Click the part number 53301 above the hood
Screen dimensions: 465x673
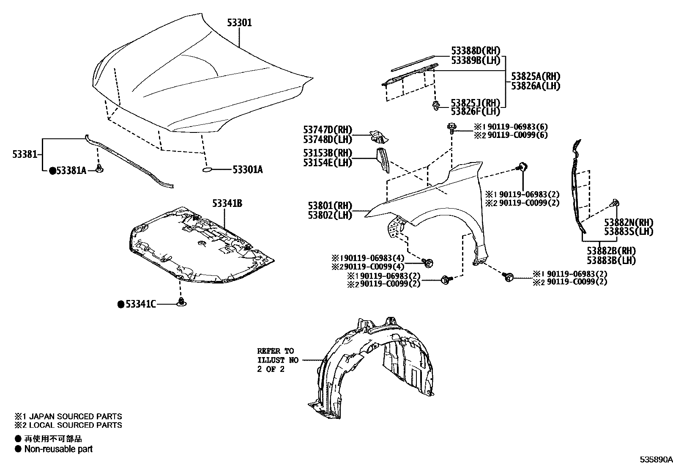(x=239, y=22)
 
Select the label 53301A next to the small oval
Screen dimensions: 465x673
(x=248, y=170)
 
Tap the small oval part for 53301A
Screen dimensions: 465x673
(x=207, y=170)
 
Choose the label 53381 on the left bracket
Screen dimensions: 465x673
(x=25, y=154)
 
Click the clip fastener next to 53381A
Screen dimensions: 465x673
(x=99, y=169)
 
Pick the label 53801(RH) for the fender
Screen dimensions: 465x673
(x=330, y=206)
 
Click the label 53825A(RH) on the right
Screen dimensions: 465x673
(x=535, y=76)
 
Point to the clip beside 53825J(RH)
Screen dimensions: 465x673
(x=435, y=106)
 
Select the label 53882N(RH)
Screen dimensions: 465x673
(x=628, y=223)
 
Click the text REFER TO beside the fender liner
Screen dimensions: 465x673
(x=275, y=351)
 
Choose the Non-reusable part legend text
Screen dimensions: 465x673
(x=58, y=449)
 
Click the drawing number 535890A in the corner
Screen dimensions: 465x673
(x=655, y=459)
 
